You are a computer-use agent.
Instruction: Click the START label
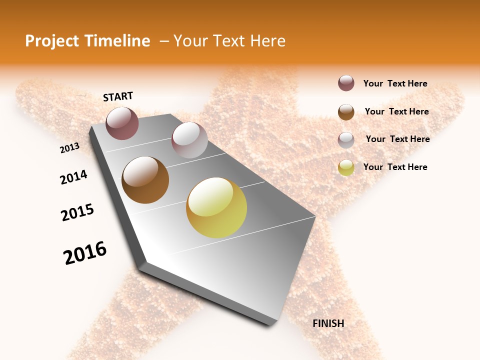118,96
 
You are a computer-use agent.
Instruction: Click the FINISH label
328,323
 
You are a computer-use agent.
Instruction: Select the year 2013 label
69,148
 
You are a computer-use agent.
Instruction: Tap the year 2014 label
73,177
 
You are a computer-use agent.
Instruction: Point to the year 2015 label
77,212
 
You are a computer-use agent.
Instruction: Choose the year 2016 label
85,253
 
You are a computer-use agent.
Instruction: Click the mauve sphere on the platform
122,123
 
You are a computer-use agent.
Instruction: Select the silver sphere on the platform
189,140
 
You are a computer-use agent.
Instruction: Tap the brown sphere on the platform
145,180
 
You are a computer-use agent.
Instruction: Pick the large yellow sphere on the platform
216,207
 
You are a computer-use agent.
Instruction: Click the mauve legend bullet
346,83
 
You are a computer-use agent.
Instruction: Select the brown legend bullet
346,111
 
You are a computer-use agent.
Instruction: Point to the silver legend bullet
346,139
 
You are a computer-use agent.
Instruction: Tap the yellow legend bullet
346,167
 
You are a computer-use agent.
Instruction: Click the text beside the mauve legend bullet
395,84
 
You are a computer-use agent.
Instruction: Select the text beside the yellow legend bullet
395,167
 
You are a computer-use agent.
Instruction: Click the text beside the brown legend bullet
396,111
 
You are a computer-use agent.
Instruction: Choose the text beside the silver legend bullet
397,139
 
